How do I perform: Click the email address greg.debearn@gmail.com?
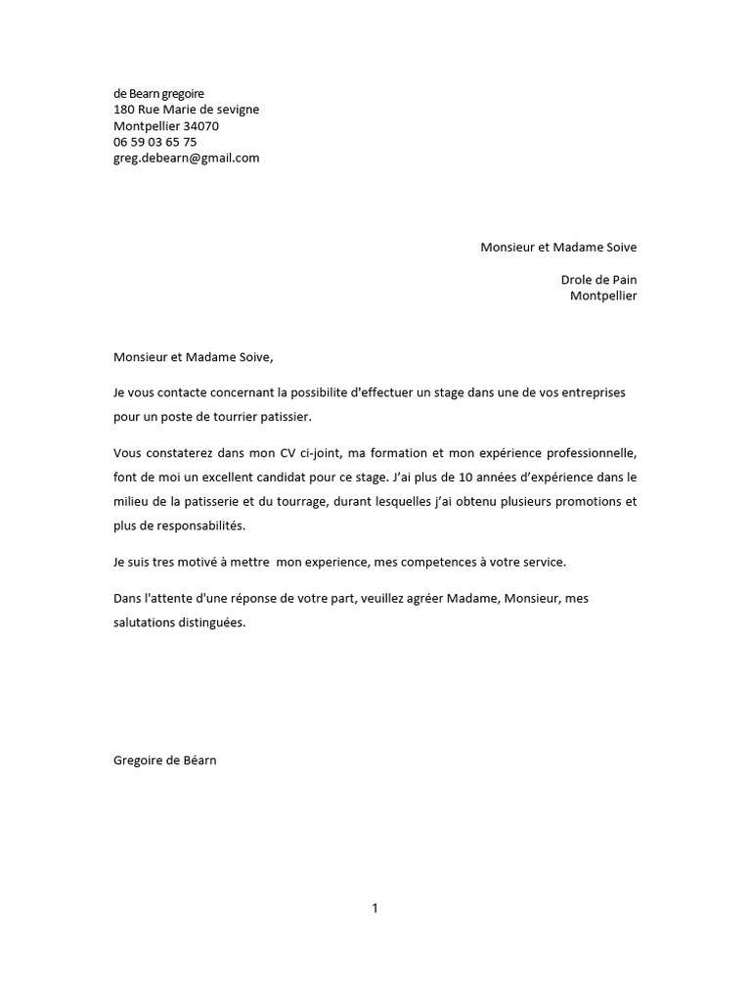pos(186,158)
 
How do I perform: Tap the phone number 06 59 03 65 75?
pos(155,142)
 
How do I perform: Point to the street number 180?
pos(124,110)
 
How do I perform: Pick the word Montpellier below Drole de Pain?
pos(602,296)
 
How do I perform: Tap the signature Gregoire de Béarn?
pos(164,759)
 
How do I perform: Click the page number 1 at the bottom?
pos(375,908)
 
